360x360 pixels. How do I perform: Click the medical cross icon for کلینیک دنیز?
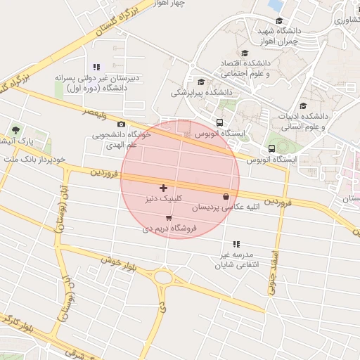coord(164,188)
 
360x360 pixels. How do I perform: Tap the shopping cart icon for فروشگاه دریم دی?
coord(168,218)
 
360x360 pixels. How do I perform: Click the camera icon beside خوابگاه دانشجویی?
coord(121,124)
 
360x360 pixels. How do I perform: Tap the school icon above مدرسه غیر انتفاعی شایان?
coord(236,244)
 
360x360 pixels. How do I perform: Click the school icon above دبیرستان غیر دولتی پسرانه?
coord(96,67)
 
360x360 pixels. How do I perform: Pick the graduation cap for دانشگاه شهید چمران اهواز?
coord(279,21)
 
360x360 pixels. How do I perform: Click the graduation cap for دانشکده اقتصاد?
coord(245,53)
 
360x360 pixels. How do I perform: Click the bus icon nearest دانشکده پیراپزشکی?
coord(220,122)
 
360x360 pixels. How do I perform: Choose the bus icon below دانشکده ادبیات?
coord(271,148)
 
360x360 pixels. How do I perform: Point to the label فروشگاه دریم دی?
coord(169,229)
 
